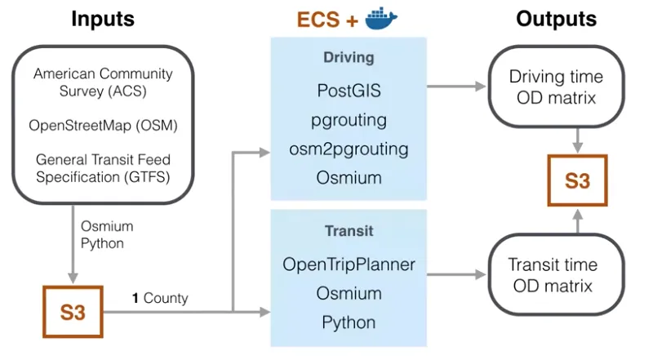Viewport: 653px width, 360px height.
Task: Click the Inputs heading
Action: pyautogui.click(x=102, y=19)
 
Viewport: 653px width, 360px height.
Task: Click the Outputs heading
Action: pyautogui.click(x=555, y=19)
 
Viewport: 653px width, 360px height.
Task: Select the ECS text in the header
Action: pyautogui.click(x=317, y=20)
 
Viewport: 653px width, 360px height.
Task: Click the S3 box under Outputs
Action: pyautogui.click(x=577, y=180)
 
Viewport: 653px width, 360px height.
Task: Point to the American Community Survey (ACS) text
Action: pyautogui.click(x=103, y=82)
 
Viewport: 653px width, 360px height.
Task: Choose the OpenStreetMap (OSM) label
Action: pyautogui.click(x=103, y=126)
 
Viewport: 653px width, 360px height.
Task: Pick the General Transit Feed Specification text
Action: pyautogui.click(x=103, y=168)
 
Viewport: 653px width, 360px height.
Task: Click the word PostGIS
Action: pyautogui.click(x=349, y=91)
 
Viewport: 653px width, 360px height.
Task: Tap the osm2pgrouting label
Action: pyautogui.click(x=349, y=149)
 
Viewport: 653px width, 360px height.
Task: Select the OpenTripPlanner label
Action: pyautogui.click(x=349, y=264)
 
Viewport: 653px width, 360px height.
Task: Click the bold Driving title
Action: pyautogui.click(x=349, y=59)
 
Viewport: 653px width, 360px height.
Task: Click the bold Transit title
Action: pyautogui.click(x=349, y=232)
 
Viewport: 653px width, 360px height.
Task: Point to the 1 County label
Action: pyautogui.click(x=160, y=298)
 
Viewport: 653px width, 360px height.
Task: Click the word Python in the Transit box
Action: pyautogui.click(x=349, y=322)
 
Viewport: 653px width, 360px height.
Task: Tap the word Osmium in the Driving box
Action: pyautogui.click(x=349, y=178)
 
